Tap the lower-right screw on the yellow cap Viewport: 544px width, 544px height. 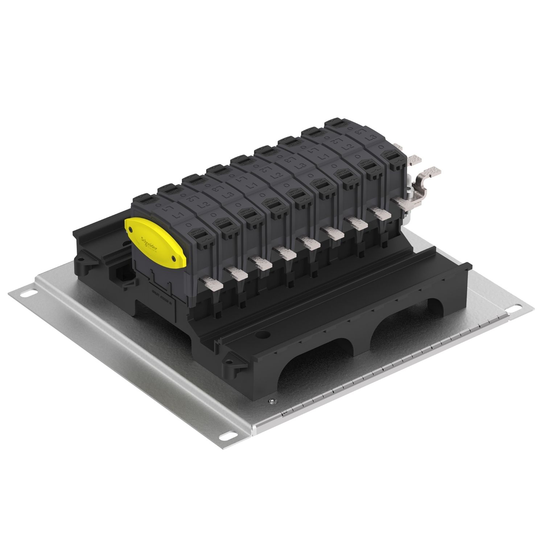174,258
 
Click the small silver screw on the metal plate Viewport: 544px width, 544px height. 272,400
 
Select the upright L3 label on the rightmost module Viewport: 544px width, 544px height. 371,138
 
